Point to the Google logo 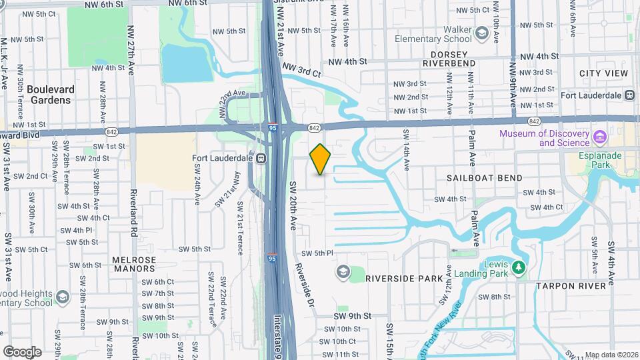(22, 351)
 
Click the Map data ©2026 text (609, 355)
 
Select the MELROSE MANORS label (134, 265)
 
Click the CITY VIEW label (603, 73)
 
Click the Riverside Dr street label (304, 283)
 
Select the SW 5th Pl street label (317, 253)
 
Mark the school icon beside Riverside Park (343, 271)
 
